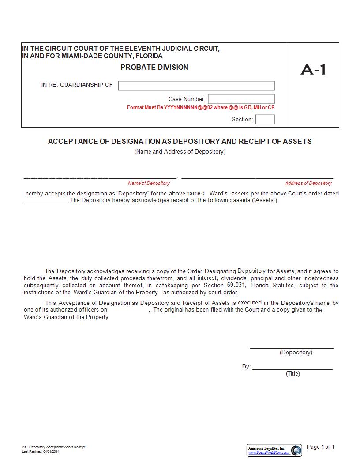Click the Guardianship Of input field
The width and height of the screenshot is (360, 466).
(196, 86)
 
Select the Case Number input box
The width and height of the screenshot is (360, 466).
(241, 99)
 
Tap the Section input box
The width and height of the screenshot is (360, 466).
(265, 119)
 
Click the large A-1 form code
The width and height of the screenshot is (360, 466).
(313, 70)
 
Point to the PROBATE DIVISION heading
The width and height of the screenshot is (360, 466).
(154, 67)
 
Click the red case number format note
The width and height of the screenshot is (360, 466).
(201, 107)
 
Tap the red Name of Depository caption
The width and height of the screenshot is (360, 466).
(149, 183)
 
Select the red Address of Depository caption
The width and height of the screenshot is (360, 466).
(308, 183)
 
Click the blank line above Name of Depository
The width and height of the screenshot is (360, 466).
(100, 177)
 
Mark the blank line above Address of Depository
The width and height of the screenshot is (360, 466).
(257, 177)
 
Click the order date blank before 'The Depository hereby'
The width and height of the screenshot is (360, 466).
(45, 202)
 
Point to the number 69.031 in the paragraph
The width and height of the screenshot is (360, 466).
(236, 285)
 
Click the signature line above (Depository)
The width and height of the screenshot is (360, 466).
(292, 348)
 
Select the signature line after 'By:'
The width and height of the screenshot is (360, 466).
(292, 368)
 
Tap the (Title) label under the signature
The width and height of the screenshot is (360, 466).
(293, 374)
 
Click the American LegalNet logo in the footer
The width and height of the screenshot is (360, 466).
(274, 450)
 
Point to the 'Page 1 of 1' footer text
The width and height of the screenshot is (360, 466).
(321, 447)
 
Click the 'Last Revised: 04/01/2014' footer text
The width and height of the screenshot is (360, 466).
(41, 451)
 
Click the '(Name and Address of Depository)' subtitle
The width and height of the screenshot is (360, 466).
(180, 152)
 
